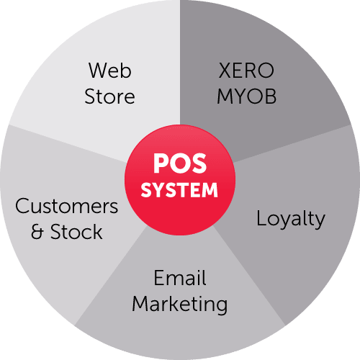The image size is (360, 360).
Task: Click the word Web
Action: (x=110, y=71)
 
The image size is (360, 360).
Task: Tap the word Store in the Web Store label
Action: (x=109, y=96)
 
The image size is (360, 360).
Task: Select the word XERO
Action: (x=246, y=71)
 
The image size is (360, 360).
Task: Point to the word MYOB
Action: (x=247, y=96)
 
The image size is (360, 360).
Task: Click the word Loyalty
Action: (x=291, y=220)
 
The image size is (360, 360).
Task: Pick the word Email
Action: (x=180, y=278)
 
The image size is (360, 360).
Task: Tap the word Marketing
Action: (x=180, y=305)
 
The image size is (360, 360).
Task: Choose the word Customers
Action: (x=67, y=206)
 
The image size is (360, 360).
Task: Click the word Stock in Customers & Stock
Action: (x=76, y=232)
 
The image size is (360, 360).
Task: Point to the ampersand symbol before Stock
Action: (x=37, y=232)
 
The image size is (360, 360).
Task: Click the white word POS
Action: (x=180, y=163)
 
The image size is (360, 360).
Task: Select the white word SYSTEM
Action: (x=179, y=190)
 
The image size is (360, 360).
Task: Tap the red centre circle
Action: (x=180, y=180)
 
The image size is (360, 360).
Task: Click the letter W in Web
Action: (x=99, y=71)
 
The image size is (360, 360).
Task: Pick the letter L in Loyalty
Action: (x=261, y=217)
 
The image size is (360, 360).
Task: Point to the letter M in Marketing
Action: (x=140, y=304)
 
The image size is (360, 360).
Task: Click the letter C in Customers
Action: (x=22, y=206)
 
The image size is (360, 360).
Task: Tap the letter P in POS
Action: (x=161, y=163)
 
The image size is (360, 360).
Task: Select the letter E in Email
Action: (x=159, y=278)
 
